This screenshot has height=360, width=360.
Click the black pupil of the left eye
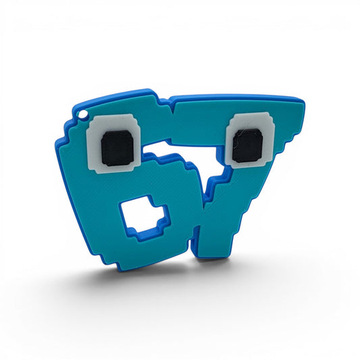[118, 148]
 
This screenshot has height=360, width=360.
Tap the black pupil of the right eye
[247, 146]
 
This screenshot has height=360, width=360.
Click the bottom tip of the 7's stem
[213, 257]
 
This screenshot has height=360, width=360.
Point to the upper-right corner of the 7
[303, 101]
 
